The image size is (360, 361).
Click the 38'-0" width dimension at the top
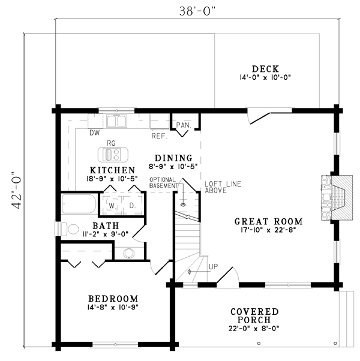pos(198,11)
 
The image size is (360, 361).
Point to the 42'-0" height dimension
pos(17,190)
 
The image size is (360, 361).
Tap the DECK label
pos(265,69)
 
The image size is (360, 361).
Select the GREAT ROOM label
pos(269,221)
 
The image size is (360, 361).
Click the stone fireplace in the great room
pos(337,198)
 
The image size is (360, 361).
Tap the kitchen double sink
pos(116,121)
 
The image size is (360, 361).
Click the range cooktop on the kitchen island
pos(113,155)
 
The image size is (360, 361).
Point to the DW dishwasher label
pos(95,133)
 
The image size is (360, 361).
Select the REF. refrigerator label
pos(160,136)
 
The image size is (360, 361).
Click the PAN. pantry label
pos(184,125)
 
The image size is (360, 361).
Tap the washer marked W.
pos(112,205)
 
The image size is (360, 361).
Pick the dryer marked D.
pos(133,205)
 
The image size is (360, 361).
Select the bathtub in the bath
pos(79,204)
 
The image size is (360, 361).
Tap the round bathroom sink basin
pos(129,253)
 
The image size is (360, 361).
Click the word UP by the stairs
pos(213,267)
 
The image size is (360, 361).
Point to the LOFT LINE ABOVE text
pos(223,187)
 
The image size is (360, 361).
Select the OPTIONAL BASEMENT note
pos(163,182)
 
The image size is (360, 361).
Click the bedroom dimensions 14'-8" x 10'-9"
pos(113,307)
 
